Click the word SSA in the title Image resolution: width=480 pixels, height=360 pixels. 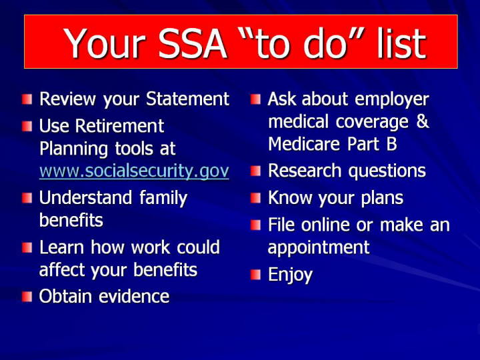[193, 43]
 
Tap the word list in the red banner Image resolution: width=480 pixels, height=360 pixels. [401, 43]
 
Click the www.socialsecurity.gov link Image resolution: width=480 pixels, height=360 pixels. [134, 171]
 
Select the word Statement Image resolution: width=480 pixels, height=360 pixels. [187, 99]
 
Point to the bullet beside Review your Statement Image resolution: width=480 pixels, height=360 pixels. [27, 99]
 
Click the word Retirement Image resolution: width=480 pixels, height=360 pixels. [120, 126]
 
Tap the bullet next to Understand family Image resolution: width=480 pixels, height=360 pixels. [27, 198]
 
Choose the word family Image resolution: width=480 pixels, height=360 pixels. [163, 199]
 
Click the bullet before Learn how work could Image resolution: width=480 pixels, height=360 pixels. [27, 247]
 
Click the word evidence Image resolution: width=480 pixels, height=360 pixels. [134, 296]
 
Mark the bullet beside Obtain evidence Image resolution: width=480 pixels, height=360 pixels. [27, 297]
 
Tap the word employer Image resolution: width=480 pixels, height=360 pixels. [392, 100]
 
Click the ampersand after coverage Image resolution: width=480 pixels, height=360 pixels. [423, 121]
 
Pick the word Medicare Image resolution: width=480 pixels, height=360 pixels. [304, 144]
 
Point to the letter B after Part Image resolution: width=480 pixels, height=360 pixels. [391, 144]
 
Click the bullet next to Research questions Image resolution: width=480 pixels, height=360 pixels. [255, 171]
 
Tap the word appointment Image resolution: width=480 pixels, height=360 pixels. [319, 248]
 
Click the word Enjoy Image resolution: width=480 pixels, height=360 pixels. [290, 275]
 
